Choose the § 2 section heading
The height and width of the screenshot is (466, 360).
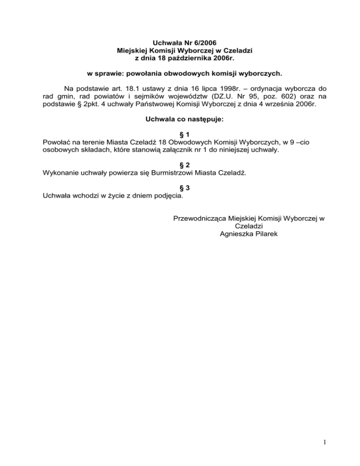coord(180,165)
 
